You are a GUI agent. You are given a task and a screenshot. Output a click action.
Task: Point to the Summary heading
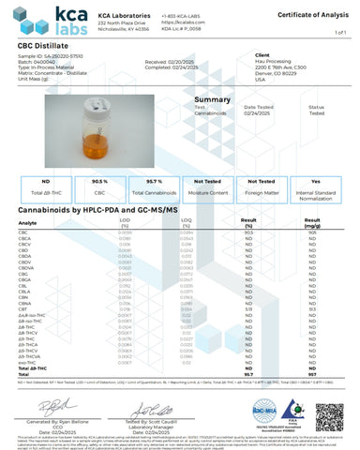point(211,125)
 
